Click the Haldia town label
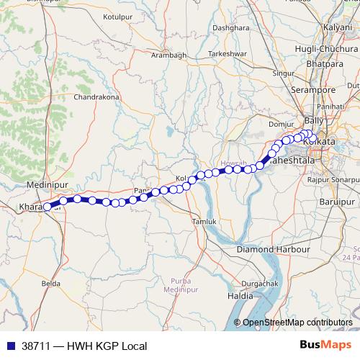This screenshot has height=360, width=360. point(240,296)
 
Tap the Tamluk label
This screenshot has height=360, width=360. point(203,222)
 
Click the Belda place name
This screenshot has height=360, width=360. point(50,284)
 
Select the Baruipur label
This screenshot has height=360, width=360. point(336,200)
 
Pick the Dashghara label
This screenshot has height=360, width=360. point(225,27)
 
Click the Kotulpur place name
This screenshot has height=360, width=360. point(120,15)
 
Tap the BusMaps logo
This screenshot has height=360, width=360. point(325,345)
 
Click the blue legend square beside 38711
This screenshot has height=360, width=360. point(9,346)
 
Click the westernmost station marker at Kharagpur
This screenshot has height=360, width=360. point(48,207)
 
